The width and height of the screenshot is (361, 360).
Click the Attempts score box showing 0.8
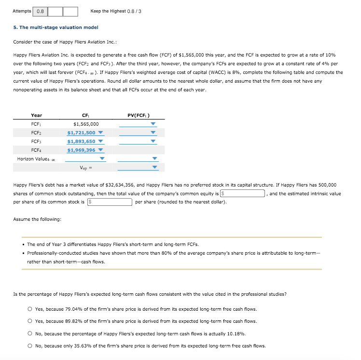tap(40, 11)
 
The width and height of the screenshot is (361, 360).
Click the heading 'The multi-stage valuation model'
tap(56, 28)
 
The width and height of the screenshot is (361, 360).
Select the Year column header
tap(36, 115)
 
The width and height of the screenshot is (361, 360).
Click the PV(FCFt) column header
tap(138, 115)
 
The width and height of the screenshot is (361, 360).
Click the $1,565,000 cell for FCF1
tap(85, 124)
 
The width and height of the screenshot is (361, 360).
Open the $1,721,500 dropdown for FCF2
tap(85, 132)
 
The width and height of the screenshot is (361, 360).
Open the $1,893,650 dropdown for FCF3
tap(85, 141)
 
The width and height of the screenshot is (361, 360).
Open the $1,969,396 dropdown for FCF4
tap(85, 150)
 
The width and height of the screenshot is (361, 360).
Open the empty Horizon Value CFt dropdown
tap(85, 158)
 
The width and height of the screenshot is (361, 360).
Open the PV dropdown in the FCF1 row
tap(138, 124)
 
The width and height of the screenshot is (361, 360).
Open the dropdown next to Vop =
tap(138, 168)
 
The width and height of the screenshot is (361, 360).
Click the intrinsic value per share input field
tap(110, 202)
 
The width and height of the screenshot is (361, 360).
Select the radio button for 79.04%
tap(30, 309)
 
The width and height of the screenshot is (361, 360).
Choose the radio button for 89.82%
tap(30, 321)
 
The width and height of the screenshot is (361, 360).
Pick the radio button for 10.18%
tap(30, 333)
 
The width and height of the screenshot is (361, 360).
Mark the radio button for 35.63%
tap(30, 346)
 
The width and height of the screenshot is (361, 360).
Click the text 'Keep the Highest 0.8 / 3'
tap(116, 11)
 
